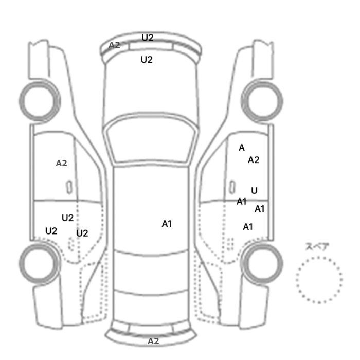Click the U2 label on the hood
tap(147, 60)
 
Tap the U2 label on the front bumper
tap(148, 38)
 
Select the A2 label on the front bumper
tap(114, 45)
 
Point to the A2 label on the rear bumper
tap(153, 341)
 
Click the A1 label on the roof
tap(167, 224)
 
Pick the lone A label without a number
tap(242, 148)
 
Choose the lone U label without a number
tap(254, 191)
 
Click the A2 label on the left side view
tap(61, 163)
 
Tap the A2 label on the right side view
tap(254, 160)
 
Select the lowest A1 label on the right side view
tap(248, 227)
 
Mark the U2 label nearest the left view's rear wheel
tap(51, 231)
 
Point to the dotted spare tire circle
tap(297, 280)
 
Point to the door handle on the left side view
tap(69, 187)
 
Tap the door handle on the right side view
tap(232, 187)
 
